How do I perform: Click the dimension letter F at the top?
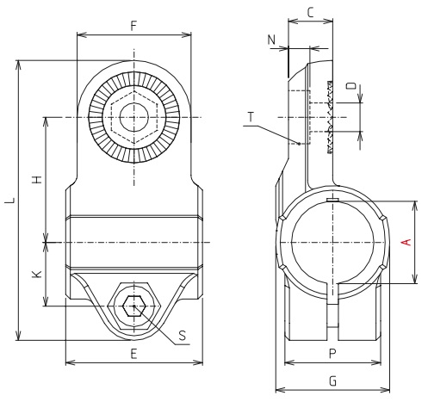[x=133, y=25]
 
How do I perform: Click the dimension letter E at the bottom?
[x=133, y=353]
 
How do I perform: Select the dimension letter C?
[x=310, y=12]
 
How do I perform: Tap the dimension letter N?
[x=272, y=40]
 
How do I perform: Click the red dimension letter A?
[x=406, y=243]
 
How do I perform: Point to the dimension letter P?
[x=332, y=353]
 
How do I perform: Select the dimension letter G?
[x=332, y=380]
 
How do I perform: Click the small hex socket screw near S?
[x=133, y=305]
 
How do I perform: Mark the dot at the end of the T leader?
[x=298, y=144]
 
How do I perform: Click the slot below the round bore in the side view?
[x=332, y=314]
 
